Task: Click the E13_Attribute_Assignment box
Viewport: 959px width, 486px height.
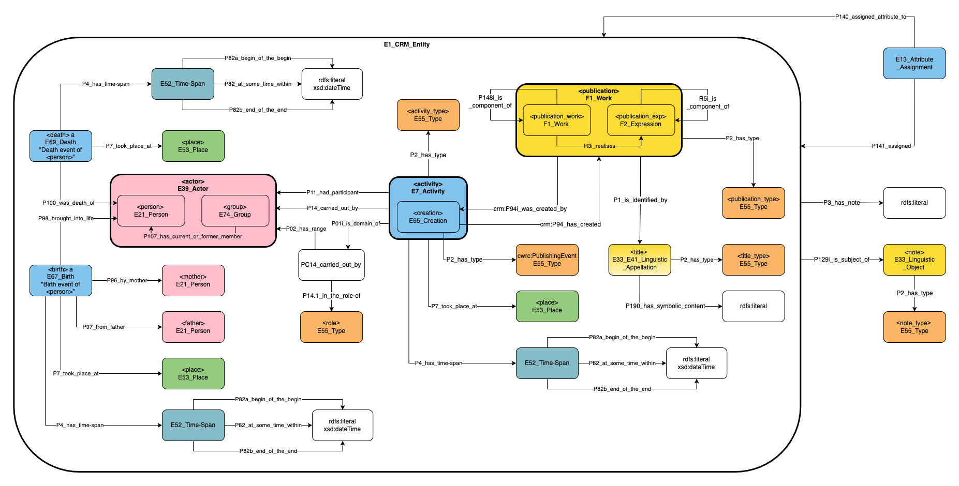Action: pos(914,63)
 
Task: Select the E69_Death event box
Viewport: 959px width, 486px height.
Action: pos(61,146)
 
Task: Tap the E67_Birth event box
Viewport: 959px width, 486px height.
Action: pos(61,280)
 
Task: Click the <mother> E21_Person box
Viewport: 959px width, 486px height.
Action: pos(193,280)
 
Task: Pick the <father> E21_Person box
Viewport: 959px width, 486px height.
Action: pos(193,327)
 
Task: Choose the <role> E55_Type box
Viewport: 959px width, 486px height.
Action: pos(331,327)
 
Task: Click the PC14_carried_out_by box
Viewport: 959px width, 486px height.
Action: pos(331,265)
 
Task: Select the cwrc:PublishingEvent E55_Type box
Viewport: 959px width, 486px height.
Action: pos(547,260)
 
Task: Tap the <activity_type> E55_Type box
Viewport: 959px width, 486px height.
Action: pos(428,115)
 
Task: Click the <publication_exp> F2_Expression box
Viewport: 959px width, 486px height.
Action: pos(641,120)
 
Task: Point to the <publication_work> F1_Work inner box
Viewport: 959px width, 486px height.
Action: pos(556,120)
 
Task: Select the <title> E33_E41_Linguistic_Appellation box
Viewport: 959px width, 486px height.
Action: pos(640,260)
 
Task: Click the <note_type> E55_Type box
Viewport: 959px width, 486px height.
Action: pos(914,327)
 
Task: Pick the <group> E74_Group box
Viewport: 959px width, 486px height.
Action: pos(235,210)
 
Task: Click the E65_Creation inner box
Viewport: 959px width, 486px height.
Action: pos(428,217)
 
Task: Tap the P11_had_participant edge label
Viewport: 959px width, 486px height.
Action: pos(332,192)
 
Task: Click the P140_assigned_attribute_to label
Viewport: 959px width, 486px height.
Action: pos(871,17)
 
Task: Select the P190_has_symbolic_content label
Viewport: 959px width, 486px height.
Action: pos(665,306)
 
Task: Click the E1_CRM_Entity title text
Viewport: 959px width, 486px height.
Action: pos(406,44)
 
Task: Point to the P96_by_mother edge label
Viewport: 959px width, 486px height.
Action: pos(127,280)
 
